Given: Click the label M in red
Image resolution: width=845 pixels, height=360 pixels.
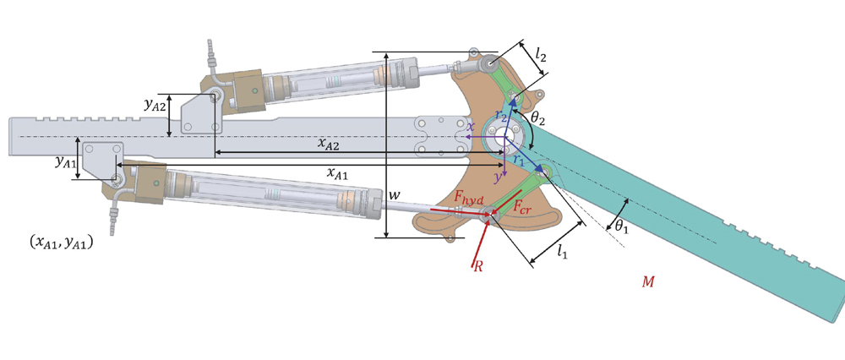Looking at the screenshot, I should point(648,281).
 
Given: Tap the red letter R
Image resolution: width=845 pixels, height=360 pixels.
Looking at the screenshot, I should point(477,267).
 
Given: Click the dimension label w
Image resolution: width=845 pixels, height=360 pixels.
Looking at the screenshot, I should point(393,195).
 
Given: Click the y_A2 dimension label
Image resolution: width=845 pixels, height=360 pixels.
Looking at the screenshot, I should point(155,105).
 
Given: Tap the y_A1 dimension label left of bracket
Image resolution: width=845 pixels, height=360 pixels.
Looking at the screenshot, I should point(64,160).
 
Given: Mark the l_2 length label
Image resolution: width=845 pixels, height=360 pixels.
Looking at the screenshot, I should point(542,56).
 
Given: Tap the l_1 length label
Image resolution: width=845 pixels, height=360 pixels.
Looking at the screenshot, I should point(562,250).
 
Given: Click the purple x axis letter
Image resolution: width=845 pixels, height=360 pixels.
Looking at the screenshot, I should point(472,128).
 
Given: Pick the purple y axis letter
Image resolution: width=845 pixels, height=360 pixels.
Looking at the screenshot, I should point(498,177).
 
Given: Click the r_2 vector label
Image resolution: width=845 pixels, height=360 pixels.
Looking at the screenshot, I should point(500,114).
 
